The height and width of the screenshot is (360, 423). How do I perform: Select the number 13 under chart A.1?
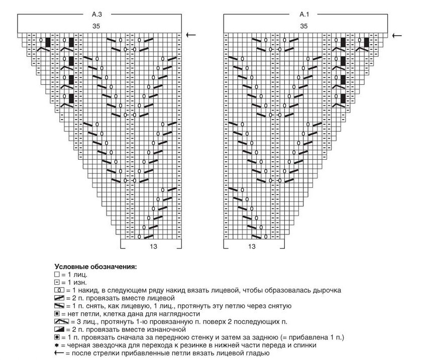(x=252, y=247)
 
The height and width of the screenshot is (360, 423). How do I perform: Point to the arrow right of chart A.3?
(x=191, y=35)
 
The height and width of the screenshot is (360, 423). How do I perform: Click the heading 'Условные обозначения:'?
(x=95, y=267)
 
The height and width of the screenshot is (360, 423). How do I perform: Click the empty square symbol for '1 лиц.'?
(x=56, y=275)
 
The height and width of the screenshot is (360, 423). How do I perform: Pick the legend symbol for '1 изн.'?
(x=56, y=283)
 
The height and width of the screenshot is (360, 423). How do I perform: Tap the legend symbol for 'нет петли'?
(x=56, y=313)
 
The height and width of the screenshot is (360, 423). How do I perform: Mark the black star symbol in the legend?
(x=56, y=345)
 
